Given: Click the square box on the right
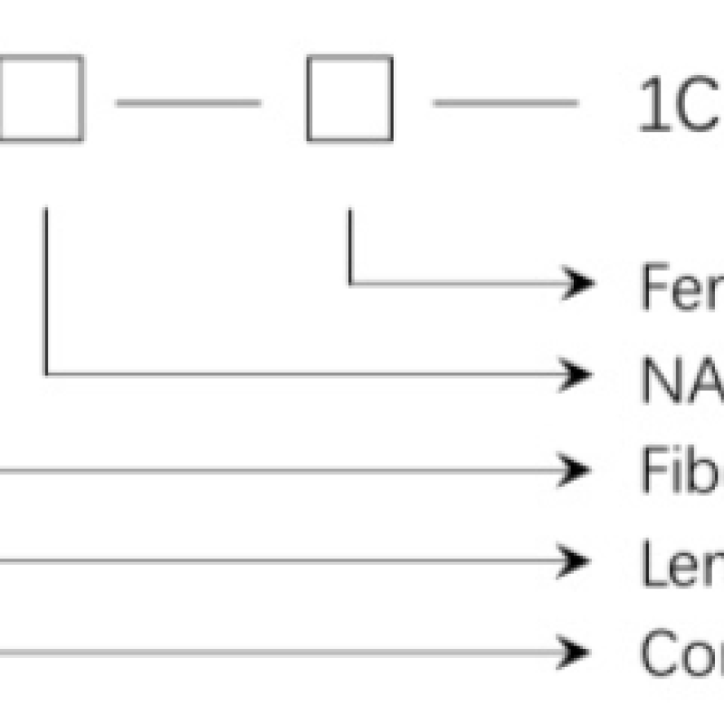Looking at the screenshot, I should click(x=349, y=99).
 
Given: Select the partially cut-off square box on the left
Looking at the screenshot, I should click(x=41, y=99).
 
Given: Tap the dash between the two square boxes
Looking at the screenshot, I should click(x=188, y=103).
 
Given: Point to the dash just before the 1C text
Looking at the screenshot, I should click(x=505, y=103).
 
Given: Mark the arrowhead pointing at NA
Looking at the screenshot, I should click(x=577, y=373).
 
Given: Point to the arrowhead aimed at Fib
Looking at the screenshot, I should click(x=577, y=470).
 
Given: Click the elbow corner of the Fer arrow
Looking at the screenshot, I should click(x=350, y=284).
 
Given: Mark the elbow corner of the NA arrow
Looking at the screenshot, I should click(x=46, y=373).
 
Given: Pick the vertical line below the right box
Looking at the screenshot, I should click(x=350, y=244).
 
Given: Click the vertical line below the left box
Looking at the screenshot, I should click(x=46, y=290).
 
